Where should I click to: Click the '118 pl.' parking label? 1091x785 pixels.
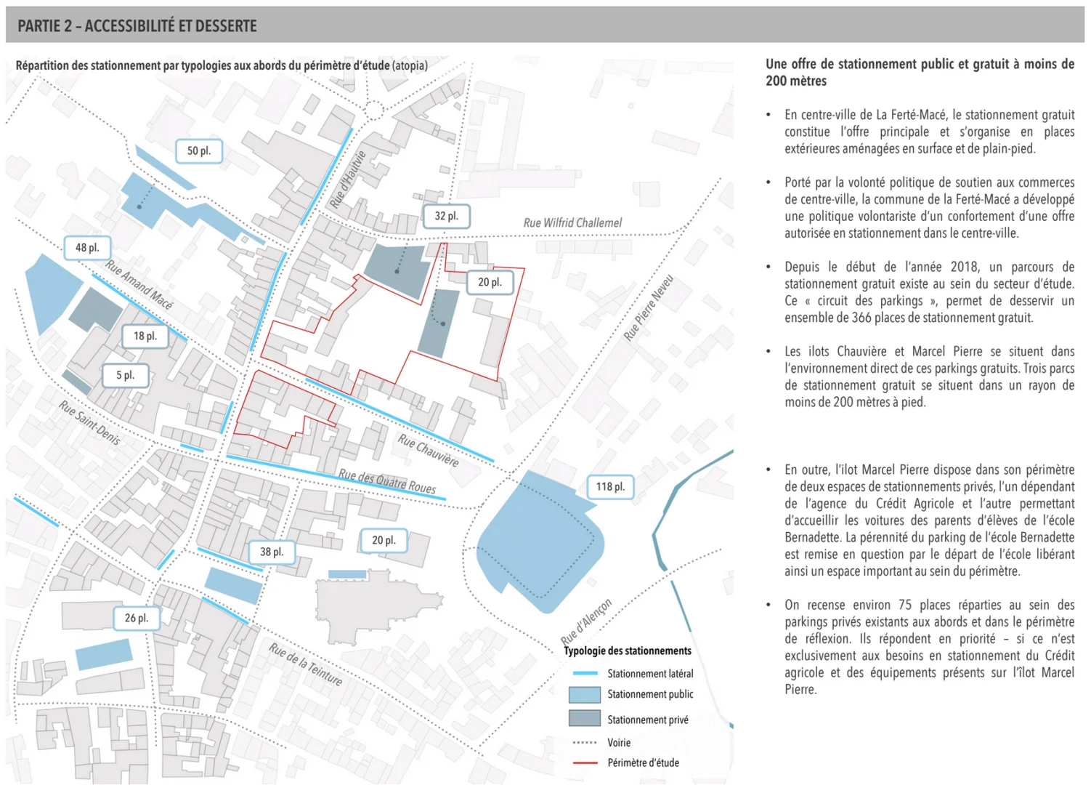click(x=610, y=487)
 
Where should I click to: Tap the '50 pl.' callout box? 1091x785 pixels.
click(x=198, y=151)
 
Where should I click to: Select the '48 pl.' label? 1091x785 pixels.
click(x=87, y=248)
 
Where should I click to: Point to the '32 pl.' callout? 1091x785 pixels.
click(x=447, y=216)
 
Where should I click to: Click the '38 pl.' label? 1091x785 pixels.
click(x=272, y=552)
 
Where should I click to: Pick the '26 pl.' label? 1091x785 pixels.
click(x=136, y=618)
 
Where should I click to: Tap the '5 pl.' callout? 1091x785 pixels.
click(x=125, y=375)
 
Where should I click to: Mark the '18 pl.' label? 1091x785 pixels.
click(x=145, y=336)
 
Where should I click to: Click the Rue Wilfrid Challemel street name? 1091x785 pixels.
click(x=572, y=222)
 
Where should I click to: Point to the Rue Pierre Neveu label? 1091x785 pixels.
click(x=649, y=307)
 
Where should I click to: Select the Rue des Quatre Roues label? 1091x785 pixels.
click(x=387, y=481)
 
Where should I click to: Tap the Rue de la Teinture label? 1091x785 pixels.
click(x=305, y=664)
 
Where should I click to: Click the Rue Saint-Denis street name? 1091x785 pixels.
click(x=90, y=422)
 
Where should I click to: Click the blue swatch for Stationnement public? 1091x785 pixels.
click(x=584, y=694)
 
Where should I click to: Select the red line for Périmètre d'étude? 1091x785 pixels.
click(x=584, y=763)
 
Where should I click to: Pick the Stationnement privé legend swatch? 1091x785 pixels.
click(x=584, y=719)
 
